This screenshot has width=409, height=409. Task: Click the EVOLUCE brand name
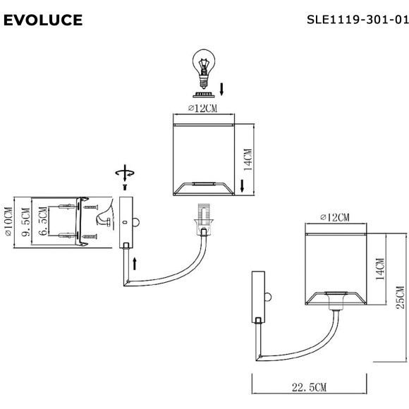[43, 20]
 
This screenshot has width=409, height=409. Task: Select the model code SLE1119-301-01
[358, 20]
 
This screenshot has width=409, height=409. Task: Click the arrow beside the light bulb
[222, 89]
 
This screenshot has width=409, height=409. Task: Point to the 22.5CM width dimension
[309, 387]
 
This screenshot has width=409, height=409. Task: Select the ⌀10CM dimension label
[8, 222]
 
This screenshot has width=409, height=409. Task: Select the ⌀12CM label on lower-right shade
[334, 217]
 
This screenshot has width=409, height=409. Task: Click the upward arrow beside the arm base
[135, 266]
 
